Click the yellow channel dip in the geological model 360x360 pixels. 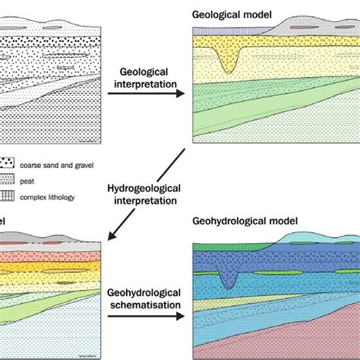[227, 64]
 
